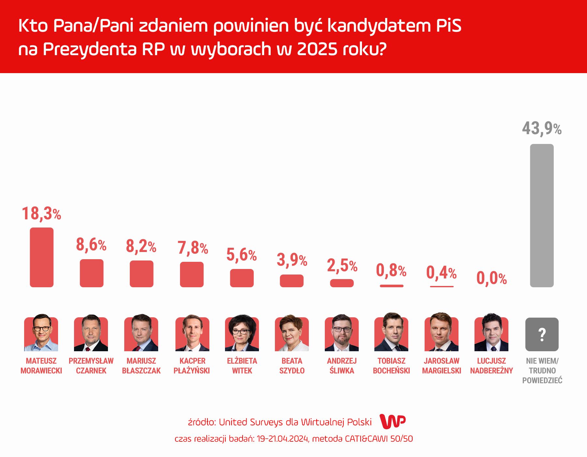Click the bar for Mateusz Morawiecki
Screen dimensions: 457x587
(x=41, y=257)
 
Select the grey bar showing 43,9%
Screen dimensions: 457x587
(x=542, y=215)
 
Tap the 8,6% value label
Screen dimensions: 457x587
(x=91, y=245)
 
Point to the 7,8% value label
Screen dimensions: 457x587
(x=192, y=248)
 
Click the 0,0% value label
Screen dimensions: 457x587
(x=491, y=278)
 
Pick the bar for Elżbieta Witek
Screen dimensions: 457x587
(x=242, y=278)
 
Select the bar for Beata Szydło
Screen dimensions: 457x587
(x=292, y=281)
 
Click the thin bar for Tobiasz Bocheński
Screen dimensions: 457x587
(x=391, y=286)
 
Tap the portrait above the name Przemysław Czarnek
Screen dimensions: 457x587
(x=91, y=334)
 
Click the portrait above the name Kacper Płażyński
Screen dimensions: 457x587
(x=192, y=334)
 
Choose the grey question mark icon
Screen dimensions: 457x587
(x=542, y=334)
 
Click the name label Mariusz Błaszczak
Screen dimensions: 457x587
(x=141, y=366)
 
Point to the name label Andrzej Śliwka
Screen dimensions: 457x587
(x=342, y=366)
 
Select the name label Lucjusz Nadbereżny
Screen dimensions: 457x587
(x=491, y=366)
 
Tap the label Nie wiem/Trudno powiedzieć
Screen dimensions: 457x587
(x=542, y=370)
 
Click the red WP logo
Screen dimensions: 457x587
(x=393, y=421)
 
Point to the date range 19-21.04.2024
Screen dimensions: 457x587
(x=282, y=439)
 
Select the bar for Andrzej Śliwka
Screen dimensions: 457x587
(x=342, y=283)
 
